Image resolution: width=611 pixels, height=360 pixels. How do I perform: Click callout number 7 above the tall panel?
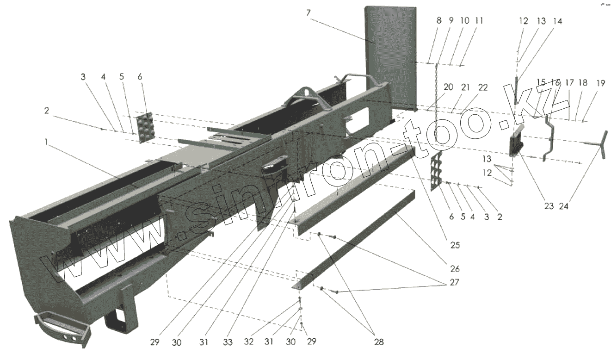click(x=308, y=12)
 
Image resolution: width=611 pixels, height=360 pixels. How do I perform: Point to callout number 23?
click(x=549, y=206)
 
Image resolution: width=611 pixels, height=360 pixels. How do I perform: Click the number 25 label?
click(x=455, y=245)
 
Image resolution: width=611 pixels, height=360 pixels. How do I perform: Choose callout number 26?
click(x=455, y=268)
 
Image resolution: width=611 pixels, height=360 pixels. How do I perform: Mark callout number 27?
click(x=455, y=282)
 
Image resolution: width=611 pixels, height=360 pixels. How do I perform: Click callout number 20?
click(x=448, y=87)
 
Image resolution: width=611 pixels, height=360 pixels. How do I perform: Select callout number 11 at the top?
click(x=479, y=21)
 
